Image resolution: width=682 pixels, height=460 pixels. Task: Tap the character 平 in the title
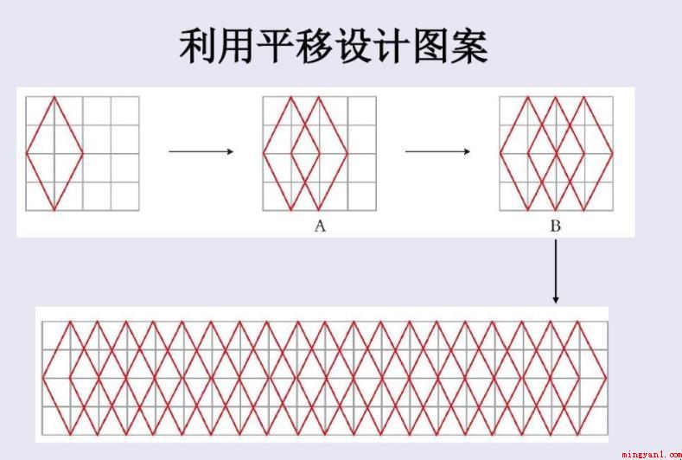tap(276, 46)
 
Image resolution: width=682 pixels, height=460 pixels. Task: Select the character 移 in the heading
tap(314, 46)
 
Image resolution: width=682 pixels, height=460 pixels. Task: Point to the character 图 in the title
tap(430, 46)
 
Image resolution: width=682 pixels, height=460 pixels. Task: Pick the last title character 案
tap(469, 46)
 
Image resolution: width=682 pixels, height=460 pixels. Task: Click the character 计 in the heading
tap(392, 46)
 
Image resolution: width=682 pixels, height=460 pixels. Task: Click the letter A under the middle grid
tap(320, 226)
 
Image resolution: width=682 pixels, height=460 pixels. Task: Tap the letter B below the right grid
tap(556, 226)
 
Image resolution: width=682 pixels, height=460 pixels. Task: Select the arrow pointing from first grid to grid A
tap(201, 151)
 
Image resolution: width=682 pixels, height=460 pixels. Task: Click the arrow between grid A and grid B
tap(437, 151)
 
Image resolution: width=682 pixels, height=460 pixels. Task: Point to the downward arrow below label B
tap(556, 271)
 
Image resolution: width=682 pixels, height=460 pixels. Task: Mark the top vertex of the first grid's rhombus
tap(54, 97)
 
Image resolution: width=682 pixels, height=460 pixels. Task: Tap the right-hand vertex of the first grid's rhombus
tap(83, 153)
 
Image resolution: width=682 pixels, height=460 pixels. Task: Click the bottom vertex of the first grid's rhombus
tap(54, 210)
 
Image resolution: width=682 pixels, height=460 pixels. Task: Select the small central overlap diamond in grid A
tap(305, 153)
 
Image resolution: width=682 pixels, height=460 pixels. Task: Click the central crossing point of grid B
tap(557, 153)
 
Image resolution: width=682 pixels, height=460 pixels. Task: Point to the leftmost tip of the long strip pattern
tap(42, 378)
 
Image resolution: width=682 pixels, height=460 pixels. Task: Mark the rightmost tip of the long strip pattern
tap(607, 378)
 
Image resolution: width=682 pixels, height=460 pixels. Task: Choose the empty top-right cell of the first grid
tap(125, 111)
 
